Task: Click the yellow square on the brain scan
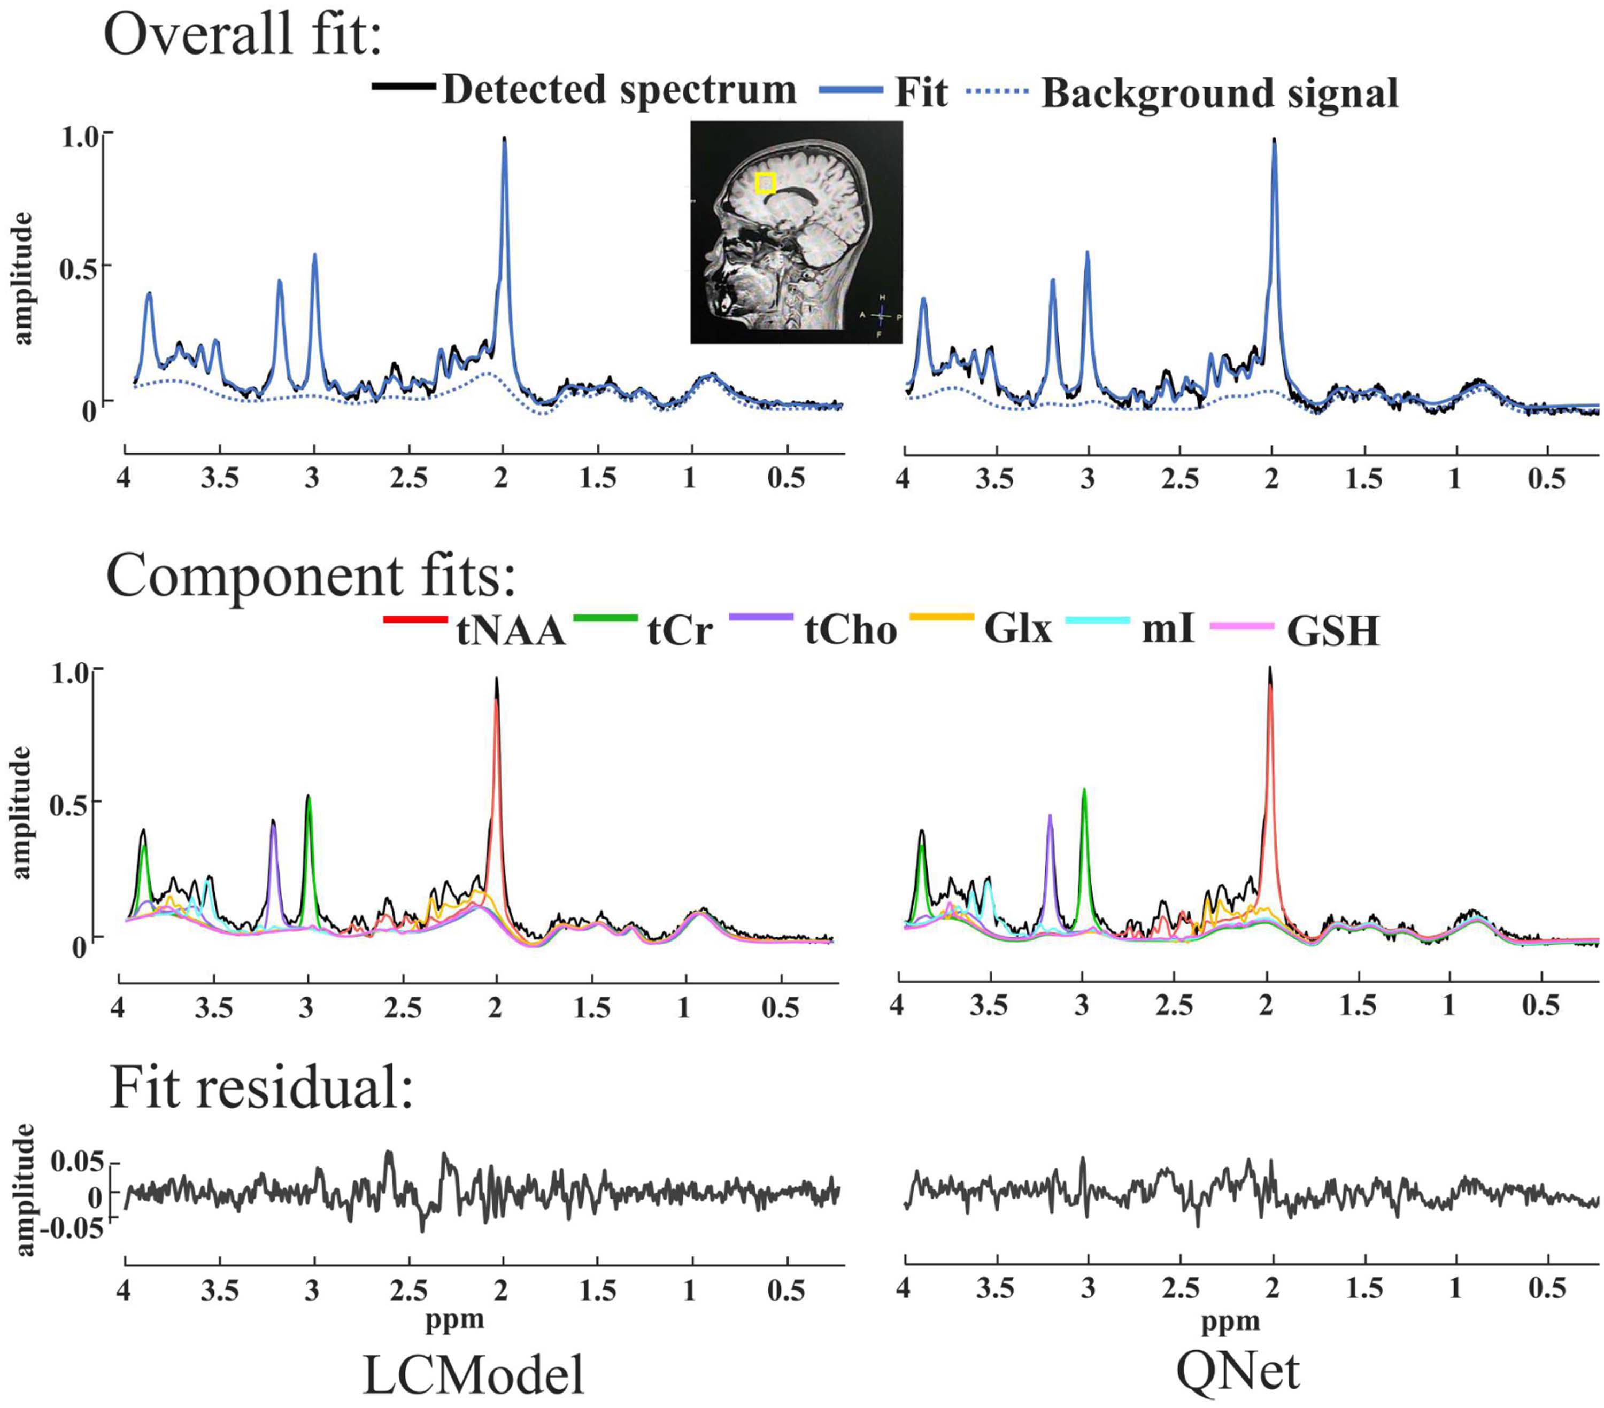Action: click(x=765, y=183)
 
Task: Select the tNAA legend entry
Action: click(x=475, y=629)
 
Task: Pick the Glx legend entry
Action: click(x=981, y=627)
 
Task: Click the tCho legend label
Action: click(x=851, y=630)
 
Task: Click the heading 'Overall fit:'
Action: click(x=243, y=35)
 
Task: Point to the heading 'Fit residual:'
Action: click(x=261, y=1089)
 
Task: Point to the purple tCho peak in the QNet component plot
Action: click(x=1050, y=816)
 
